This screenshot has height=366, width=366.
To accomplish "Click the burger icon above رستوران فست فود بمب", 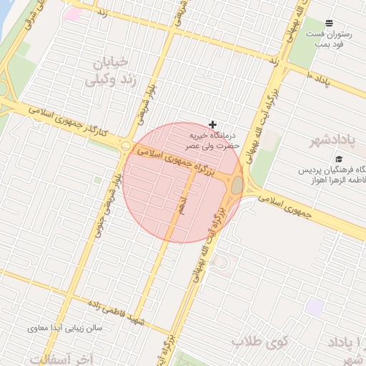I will pyautogui.click(x=329, y=24).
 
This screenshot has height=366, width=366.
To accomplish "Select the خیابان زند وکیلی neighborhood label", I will pyautogui.click(x=111, y=71).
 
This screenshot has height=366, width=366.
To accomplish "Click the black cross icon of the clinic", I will pyautogui.click(x=212, y=124).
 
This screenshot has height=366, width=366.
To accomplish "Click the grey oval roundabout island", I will pyautogui.click(x=237, y=185).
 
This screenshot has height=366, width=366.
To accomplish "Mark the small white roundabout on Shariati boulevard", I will pyautogui.click(x=126, y=146).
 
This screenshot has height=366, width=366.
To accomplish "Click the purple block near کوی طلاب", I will pyautogui.click(x=314, y=308).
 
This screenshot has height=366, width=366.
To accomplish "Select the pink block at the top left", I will pyautogui.click(x=73, y=14).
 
